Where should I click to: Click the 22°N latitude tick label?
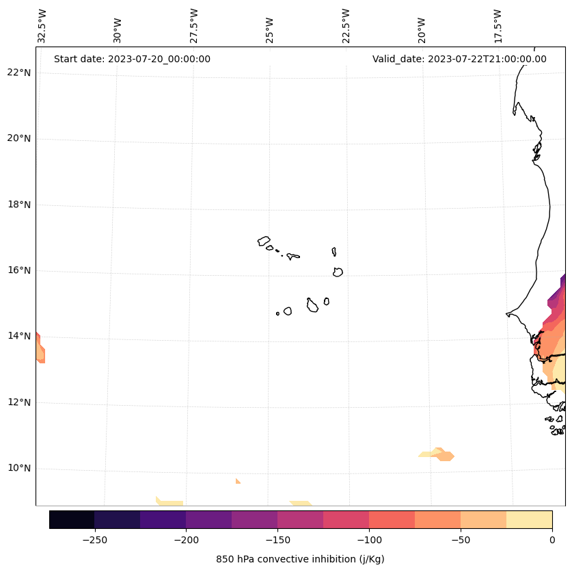point(19,73)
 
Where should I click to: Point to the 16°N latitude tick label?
point(19,270)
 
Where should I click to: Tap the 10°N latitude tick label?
point(19,469)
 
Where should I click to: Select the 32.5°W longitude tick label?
point(42,26)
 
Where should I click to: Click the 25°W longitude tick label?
point(269,26)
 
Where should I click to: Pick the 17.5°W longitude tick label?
point(498,26)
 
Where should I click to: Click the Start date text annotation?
point(132,59)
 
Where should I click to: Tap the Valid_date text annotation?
point(459,59)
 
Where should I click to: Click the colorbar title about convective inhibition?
point(300,559)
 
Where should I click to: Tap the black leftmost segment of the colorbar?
point(72,520)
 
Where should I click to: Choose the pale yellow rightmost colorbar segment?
point(529,520)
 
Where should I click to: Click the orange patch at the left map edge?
point(40,349)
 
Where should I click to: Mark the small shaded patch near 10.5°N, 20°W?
point(438,454)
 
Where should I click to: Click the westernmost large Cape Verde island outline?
point(264,241)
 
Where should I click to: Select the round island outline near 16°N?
point(338,272)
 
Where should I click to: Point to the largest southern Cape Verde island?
point(312,305)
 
